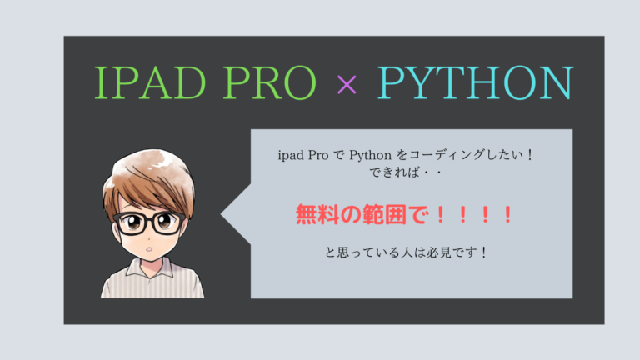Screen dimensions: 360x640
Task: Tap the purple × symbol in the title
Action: [x=345, y=84]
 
